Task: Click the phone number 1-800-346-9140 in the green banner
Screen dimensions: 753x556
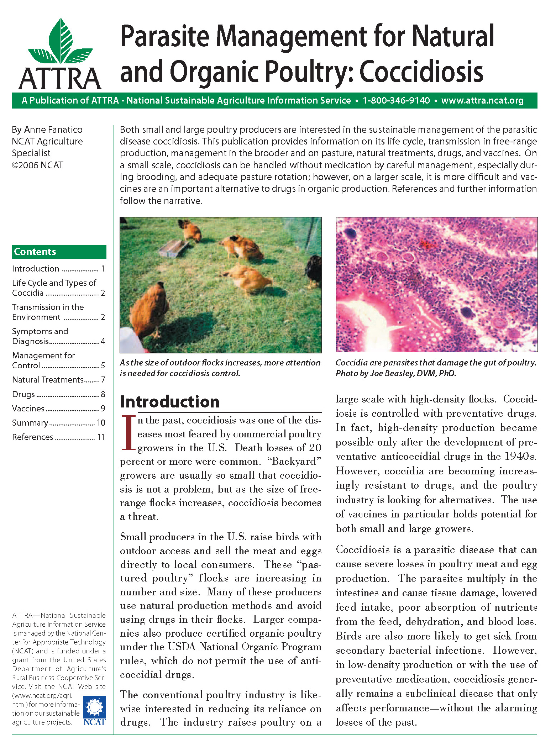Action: pos(396,101)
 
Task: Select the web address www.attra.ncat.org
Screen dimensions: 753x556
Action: pos(482,101)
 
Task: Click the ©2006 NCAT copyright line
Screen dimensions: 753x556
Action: pos(37,165)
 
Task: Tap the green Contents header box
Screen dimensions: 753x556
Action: pos(59,252)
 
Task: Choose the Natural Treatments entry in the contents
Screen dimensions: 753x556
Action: pos(48,380)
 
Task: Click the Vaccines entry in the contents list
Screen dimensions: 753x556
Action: pos(28,409)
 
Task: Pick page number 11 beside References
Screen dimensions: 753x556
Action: pos(101,437)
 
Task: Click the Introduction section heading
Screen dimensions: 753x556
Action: pos(170,402)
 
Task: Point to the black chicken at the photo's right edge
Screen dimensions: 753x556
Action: pos(314,270)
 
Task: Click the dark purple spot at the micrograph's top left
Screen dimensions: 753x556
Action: pos(351,233)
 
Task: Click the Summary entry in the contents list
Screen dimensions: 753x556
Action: pos(30,423)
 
